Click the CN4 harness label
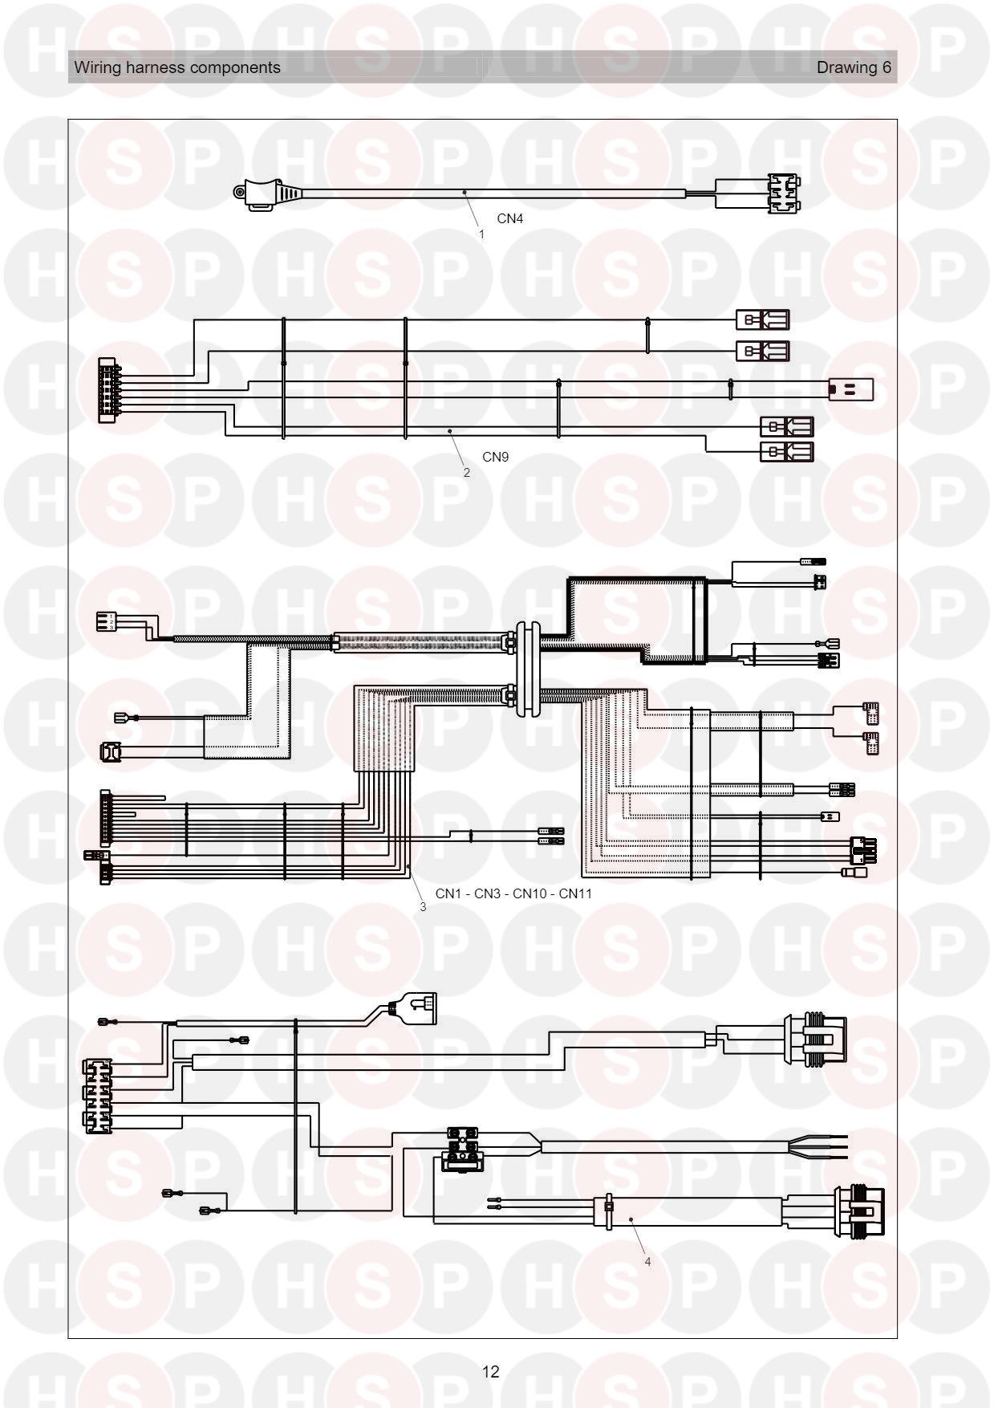509,218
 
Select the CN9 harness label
495,457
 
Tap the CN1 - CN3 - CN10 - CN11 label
513,893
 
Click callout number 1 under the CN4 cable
481,234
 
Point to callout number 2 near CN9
467,473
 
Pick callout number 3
423,907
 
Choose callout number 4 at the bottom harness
647,1261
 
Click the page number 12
491,1371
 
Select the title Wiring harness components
177,67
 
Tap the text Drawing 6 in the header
854,67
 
